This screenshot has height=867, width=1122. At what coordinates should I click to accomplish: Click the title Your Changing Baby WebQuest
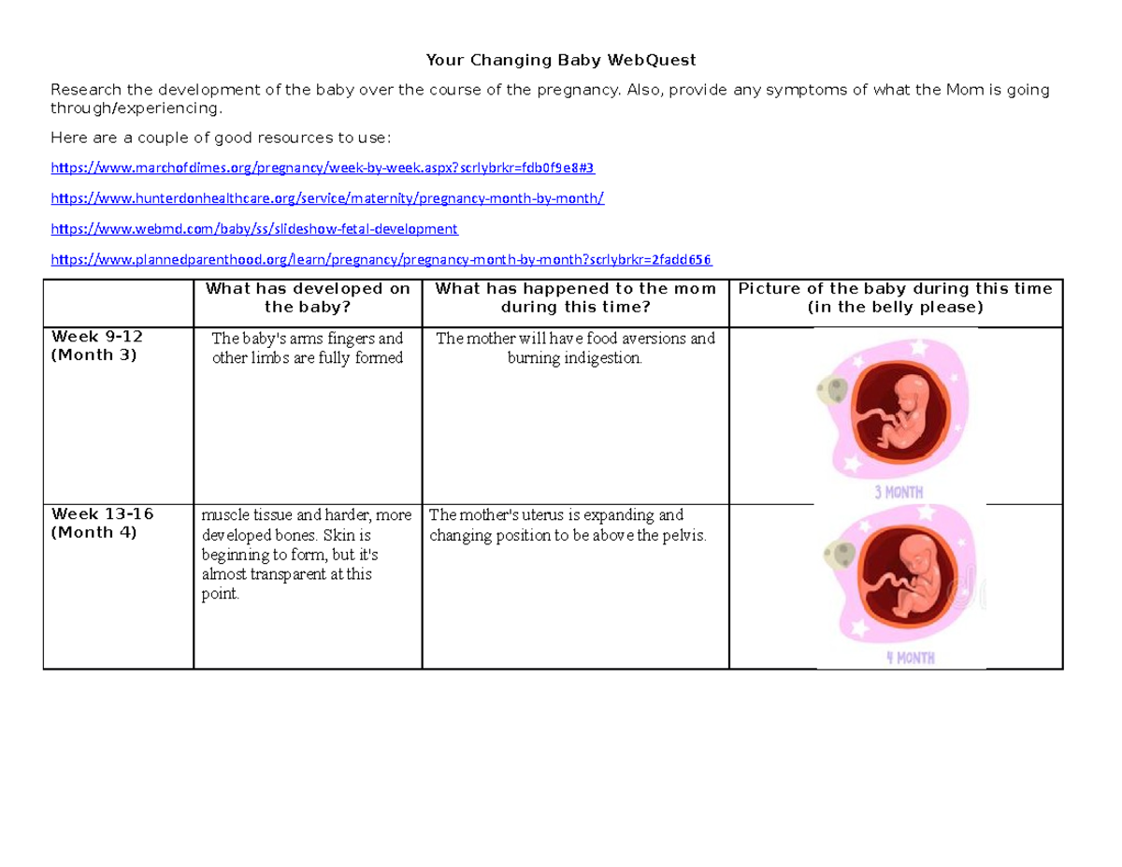[561, 61]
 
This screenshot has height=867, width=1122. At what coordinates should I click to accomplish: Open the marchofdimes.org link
[322, 167]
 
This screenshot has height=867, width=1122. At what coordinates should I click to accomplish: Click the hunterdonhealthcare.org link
[327, 198]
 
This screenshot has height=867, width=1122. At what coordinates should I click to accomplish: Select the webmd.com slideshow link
[253, 228]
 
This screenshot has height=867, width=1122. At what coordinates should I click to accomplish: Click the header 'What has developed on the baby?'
[308, 297]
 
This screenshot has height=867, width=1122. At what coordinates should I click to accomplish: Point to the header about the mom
[575, 297]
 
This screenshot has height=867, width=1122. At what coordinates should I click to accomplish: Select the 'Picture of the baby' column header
[895, 297]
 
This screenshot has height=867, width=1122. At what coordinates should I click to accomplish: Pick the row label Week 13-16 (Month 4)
[102, 523]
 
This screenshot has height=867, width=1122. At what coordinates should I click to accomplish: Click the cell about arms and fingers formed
[308, 348]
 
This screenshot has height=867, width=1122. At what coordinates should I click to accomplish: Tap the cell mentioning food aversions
[575, 348]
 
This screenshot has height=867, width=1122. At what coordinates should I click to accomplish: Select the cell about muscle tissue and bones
[306, 555]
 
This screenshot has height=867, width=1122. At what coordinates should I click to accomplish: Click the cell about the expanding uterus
[568, 526]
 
